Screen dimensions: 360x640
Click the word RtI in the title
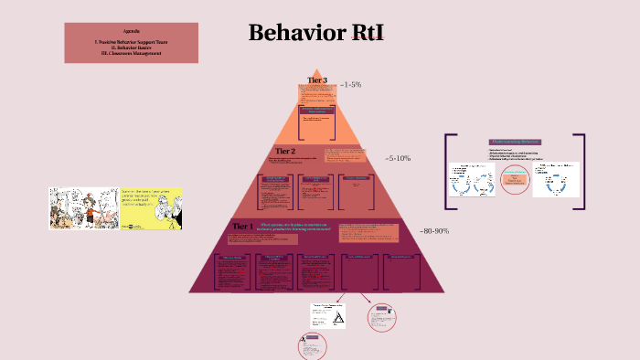(360, 34)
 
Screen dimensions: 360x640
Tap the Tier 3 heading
(317, 81)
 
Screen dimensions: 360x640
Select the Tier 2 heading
(285, 151)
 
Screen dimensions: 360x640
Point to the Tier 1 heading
(241, 225)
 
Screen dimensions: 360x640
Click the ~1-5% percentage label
(350, 84)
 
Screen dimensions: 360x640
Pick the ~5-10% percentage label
(398, 158)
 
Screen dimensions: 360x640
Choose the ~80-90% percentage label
(434, 231)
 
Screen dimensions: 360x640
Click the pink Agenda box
(131, 43)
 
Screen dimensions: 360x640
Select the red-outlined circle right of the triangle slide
(381, 317)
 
